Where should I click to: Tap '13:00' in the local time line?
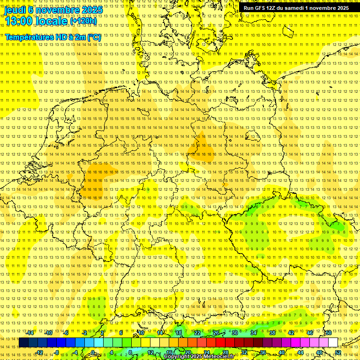(19, 21)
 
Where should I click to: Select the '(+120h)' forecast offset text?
(83, 21)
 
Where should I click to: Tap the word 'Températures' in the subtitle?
(27, 37)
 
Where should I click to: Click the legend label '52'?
(338, 352)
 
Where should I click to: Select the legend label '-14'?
(30, 333)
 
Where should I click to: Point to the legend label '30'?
(235, 333)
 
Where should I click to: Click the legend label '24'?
(206, 352)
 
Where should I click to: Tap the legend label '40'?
(281, 352)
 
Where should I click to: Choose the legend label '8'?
(130, 352)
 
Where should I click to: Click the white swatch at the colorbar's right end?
(333, 343)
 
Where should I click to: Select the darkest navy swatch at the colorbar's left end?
(23, 343)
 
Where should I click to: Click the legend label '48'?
(319, 352)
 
